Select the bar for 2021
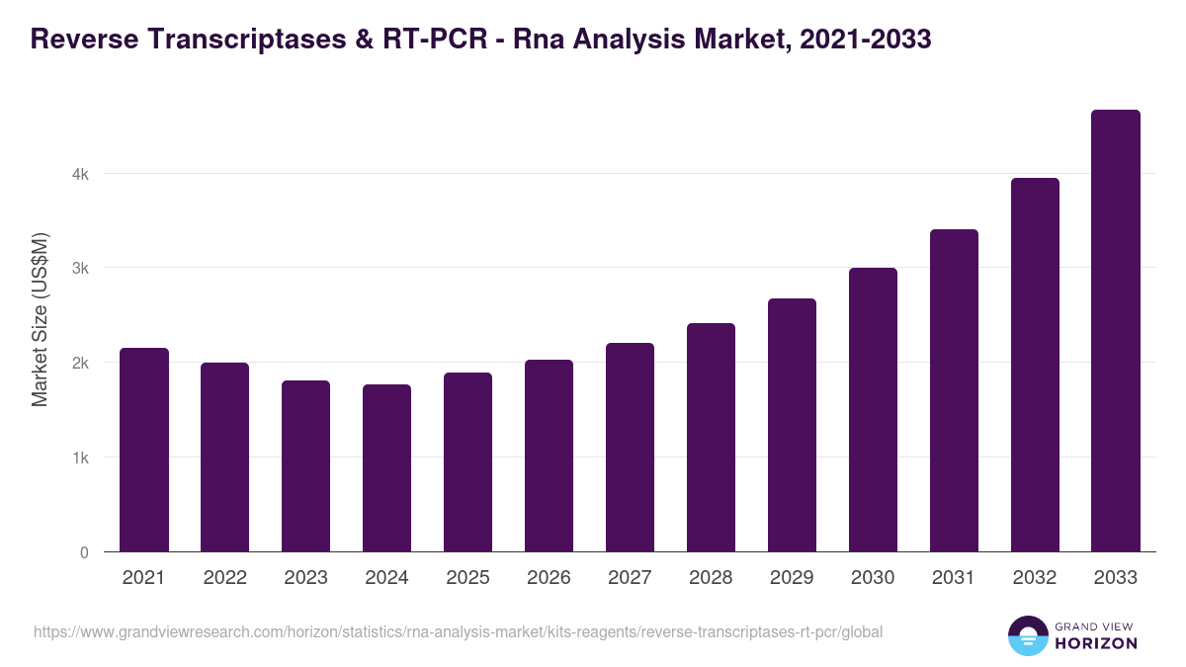point(144,450)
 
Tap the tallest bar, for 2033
point(1116,331)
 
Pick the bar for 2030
point(873,410)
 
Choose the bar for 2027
point(630,447)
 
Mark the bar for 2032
point(1035,365)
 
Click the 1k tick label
point(80,458)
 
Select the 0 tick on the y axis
point(84,552)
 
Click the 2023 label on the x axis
point(305,578)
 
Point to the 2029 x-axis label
point(792,578)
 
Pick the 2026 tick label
point(549,578)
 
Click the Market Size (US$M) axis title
point(40,319)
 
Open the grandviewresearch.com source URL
point(458,631)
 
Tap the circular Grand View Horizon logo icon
point(1028,635)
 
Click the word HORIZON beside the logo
point(1096,643)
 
